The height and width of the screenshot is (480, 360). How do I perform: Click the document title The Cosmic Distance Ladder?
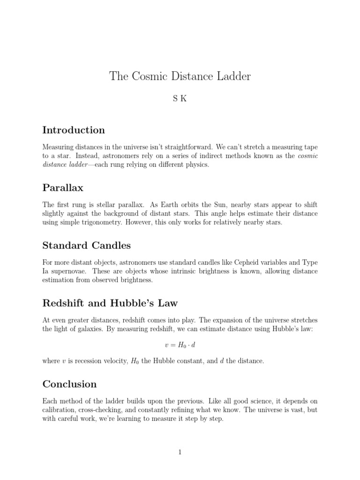click(x=180, y=76)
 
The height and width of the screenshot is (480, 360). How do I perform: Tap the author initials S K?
click(x=180, y=100)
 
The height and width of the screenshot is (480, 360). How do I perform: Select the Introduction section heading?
click(x=74, y=130)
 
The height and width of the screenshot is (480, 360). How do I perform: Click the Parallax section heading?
click(x=63, y=188)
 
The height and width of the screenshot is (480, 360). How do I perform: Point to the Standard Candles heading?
click(x=87, y=245)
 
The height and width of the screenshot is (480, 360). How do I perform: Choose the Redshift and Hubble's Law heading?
click(x=110, y=303)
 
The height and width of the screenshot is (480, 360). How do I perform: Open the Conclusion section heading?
click(x=69, y=384)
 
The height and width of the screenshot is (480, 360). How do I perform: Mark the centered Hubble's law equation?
click(x=180, y=345)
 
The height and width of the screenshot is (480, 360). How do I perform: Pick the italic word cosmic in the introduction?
click(x=307, y=156)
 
